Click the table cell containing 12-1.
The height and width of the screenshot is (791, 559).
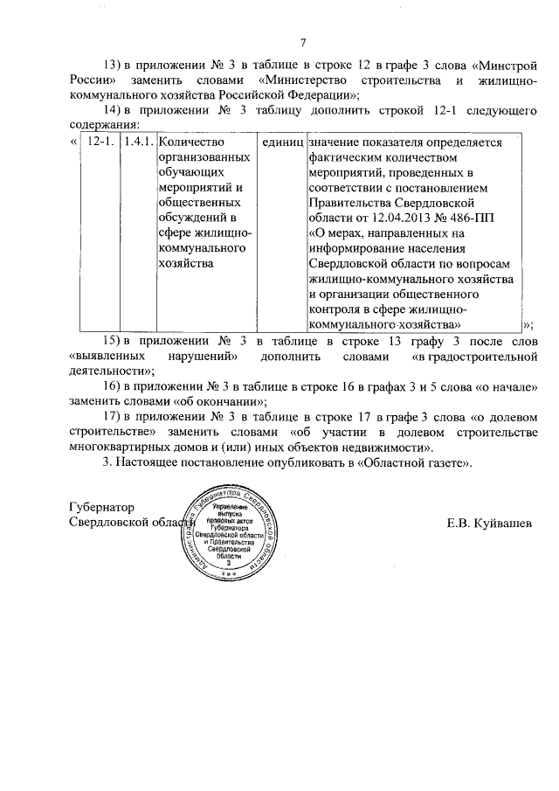coord(101,142)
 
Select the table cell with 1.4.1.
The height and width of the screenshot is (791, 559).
coord(138,142)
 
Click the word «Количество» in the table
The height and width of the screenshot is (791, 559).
coord(191,142)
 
